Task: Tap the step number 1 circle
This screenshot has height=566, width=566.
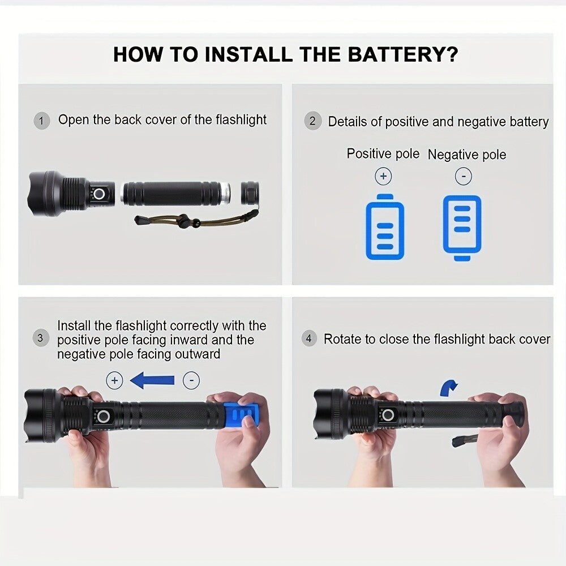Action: (x=42, y=121)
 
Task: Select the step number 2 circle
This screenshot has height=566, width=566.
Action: (x=312, y=122)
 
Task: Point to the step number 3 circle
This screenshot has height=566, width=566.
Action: (x=41, y=339)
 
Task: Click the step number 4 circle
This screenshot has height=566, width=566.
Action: (x=308, y=340)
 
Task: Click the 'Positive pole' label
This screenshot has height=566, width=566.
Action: (x=383, y=154)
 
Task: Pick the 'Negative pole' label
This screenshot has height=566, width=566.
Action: (x=467, y=155)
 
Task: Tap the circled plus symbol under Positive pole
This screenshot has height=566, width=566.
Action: (x=383, y=177)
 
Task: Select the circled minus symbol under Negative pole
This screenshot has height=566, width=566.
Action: (x=463, y=177)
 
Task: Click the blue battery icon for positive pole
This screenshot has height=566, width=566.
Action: (x=385, y=226)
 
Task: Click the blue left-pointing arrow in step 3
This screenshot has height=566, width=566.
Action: (x=152, y=381)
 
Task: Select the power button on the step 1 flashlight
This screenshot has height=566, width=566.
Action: (x=100, y=194)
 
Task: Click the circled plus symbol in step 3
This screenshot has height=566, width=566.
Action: (x=114, y=381)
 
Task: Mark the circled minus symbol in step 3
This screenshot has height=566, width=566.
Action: (x=191, y=381)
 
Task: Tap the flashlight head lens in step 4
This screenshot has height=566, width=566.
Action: (x=317, y=415)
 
